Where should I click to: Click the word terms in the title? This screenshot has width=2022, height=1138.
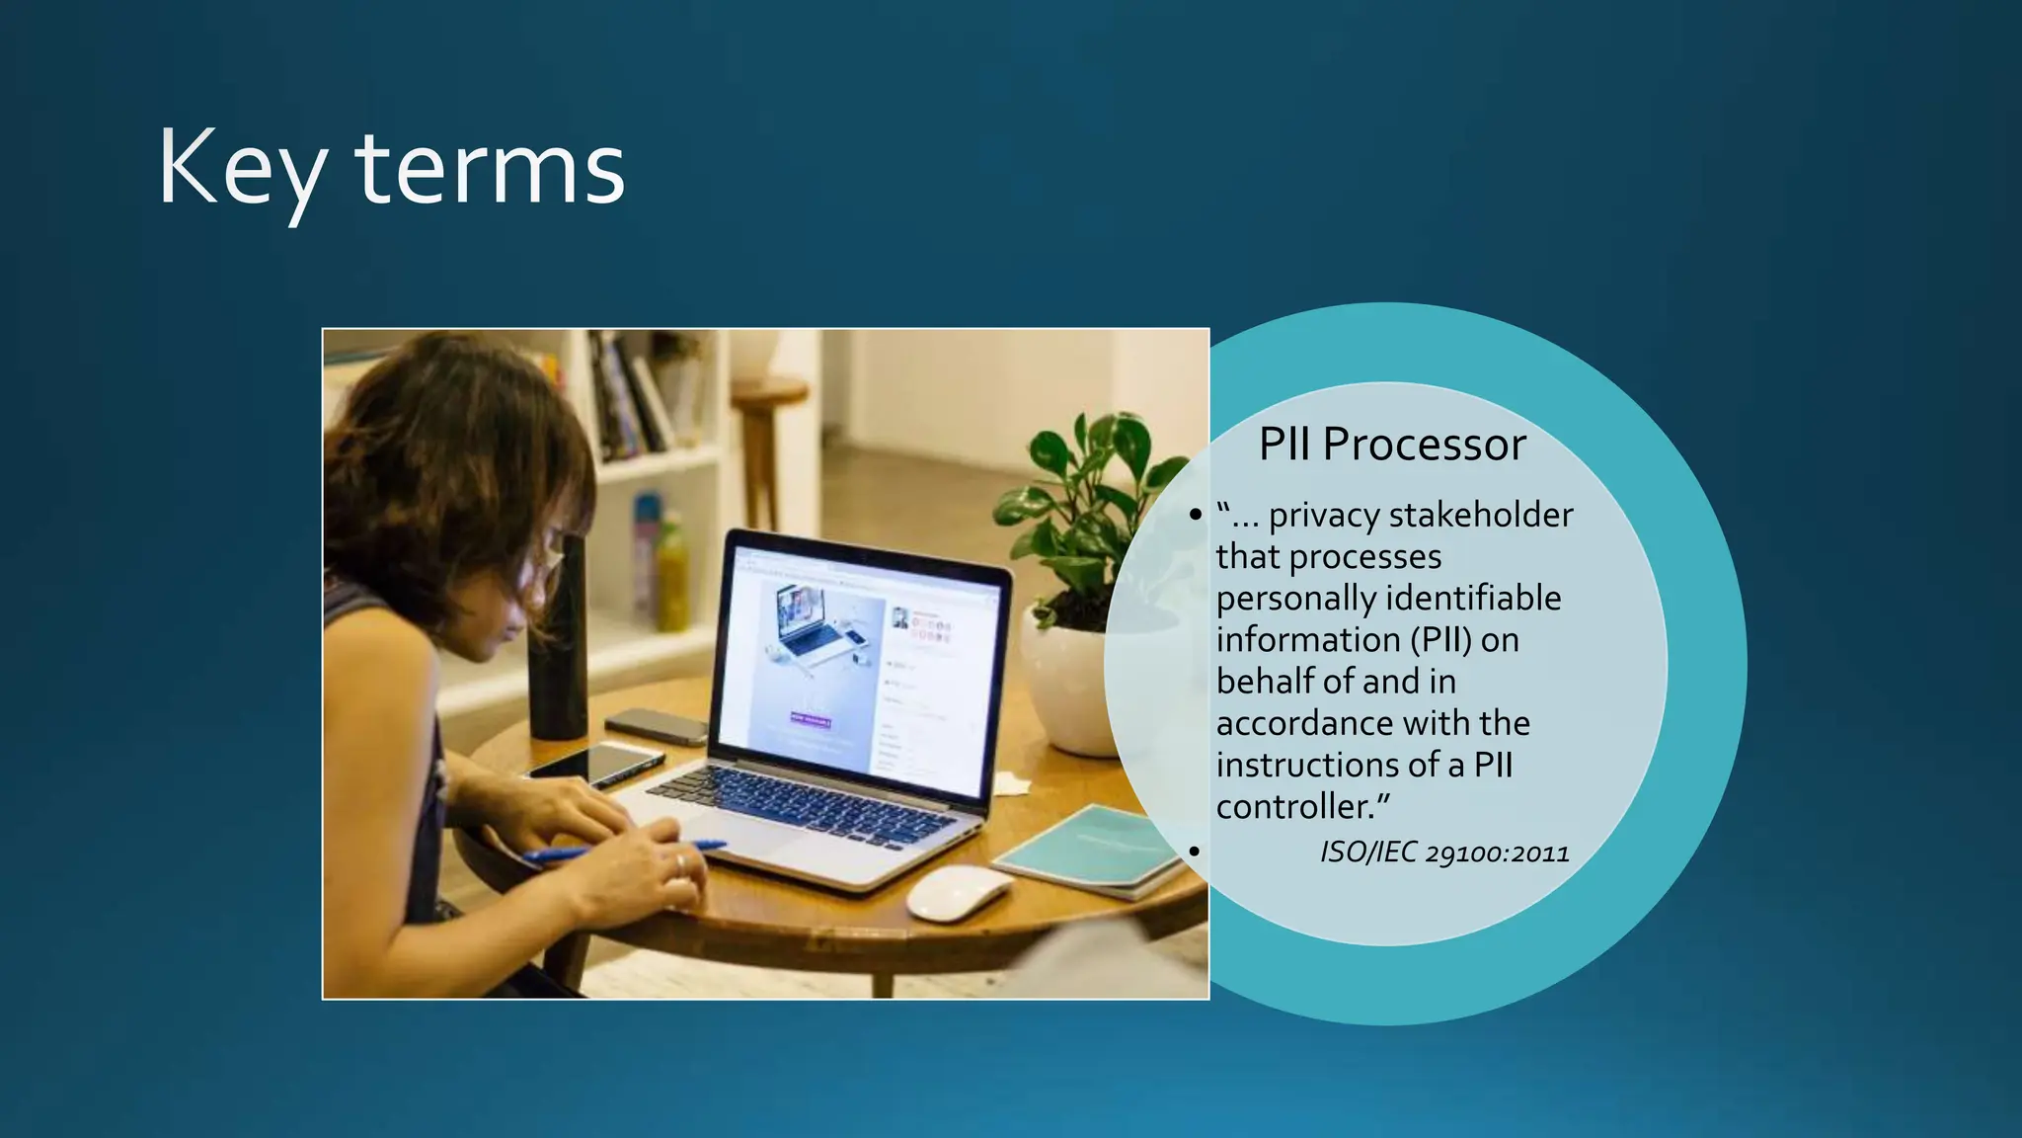click(490, 170)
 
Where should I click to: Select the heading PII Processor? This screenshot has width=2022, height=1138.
click(1392, 445)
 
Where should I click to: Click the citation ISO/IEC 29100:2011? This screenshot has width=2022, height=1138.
click(1444, 852)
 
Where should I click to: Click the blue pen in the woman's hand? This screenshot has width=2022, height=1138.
click(632, 851)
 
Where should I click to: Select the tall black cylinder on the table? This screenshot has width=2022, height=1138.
click(558, 642)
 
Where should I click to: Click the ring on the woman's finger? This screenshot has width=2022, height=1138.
click(680, 864)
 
